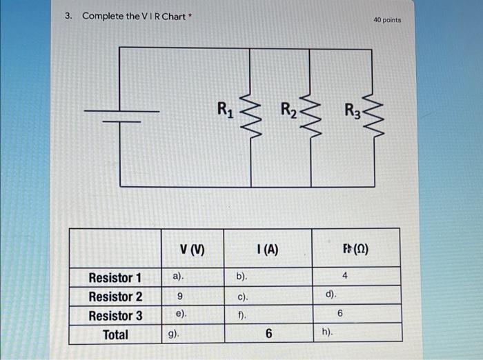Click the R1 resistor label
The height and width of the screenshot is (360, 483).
point(225,108)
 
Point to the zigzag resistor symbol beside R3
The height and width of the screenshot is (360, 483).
point(373,114)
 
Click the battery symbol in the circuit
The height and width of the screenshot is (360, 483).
point(121,115)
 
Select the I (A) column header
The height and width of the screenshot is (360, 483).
point(266,250)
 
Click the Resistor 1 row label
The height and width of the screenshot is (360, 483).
point(115,278)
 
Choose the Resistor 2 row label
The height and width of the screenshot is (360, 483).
point(115,297)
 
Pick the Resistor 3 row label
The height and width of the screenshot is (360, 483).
point(115,316)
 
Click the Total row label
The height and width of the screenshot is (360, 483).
point(115,334)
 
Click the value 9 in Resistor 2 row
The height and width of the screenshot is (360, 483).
point(179,297)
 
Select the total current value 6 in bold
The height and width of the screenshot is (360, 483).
point(268,334)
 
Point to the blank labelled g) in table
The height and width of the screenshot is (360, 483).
point(174,334)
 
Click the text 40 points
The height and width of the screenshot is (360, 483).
point(386,20)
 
